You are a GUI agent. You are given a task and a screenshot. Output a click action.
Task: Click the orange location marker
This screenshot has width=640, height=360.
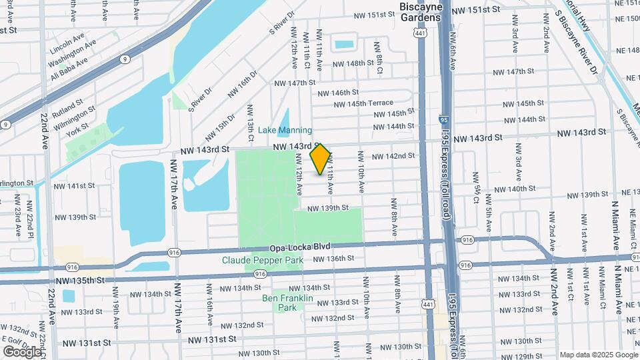321,159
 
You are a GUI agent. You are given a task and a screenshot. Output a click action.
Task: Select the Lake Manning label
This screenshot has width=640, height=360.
285,130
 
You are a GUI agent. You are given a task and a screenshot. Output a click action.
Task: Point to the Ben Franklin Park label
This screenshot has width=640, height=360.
278,303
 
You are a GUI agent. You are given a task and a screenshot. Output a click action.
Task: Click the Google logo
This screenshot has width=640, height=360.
22,351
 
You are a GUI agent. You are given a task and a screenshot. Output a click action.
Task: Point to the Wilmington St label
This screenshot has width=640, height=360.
75,115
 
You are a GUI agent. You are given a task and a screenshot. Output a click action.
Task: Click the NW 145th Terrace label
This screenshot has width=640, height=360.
370,103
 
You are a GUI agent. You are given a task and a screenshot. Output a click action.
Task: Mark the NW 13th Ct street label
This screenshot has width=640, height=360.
251,123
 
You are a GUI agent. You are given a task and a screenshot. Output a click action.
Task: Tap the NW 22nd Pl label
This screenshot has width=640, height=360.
29,217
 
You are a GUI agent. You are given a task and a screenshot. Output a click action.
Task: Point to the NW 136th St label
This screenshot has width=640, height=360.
331,259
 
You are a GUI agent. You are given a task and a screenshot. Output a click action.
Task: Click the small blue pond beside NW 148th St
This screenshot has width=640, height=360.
344,45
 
